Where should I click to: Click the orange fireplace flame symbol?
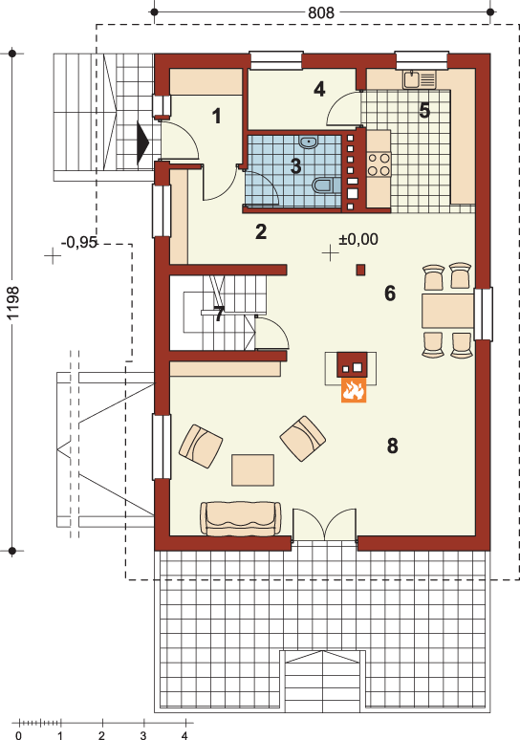coord(354,390)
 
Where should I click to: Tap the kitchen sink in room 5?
coord(420,79)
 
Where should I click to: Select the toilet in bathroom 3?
coord(325,185)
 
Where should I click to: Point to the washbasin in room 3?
coord(308,141)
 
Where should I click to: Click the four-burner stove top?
coord(379,164)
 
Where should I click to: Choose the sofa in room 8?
coord(241,518)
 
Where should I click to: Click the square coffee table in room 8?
coord(253,470)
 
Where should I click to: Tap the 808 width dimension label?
coord(321,12)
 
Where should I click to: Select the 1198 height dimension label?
coord(13,302)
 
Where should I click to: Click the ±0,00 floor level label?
coord(358,239)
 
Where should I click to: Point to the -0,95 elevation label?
coord(79,243)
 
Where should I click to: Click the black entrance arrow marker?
coord(143,143)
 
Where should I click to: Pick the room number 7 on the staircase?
coord(219,314)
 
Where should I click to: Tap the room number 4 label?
coord(319,89)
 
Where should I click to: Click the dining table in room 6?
coord(447,311)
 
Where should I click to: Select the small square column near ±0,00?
coord(360,270)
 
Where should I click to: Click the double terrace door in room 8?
coord(325,525)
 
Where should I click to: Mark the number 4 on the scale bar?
coord(184,735)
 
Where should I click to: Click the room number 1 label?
coord(217,116)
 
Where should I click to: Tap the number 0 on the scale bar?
coord(18,735)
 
